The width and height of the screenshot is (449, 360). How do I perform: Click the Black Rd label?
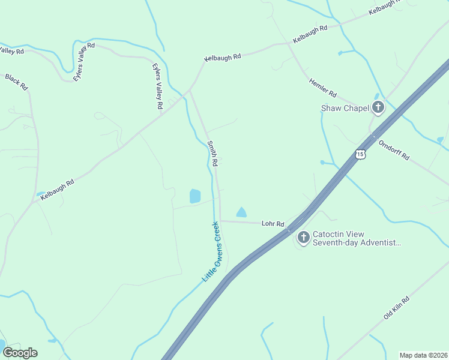pos(17,82)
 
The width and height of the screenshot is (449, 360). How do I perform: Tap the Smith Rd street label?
pos(212,153)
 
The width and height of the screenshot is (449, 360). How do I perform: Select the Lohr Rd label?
pos(273,223)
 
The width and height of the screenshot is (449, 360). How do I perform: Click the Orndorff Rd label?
pos(394,149)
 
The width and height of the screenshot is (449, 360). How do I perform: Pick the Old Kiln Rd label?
pos(397,307)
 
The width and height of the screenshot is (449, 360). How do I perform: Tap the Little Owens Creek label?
pos(212,251)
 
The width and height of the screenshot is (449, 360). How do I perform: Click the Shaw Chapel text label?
pos(344,109)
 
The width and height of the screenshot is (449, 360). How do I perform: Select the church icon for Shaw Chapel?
pos(378,108)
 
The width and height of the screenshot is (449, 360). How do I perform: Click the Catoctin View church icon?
pos(303,238)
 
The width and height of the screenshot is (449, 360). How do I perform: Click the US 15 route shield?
pos(360,154)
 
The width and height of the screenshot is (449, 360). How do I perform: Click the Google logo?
pos(20,352)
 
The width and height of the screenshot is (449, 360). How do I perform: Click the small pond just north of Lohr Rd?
pos(241,212)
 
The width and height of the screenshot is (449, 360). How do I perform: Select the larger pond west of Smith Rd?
pos(195,196)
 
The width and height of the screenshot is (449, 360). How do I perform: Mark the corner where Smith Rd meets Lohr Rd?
pos(220,221)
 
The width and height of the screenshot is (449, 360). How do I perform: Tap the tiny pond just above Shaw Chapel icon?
pos(376,95)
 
